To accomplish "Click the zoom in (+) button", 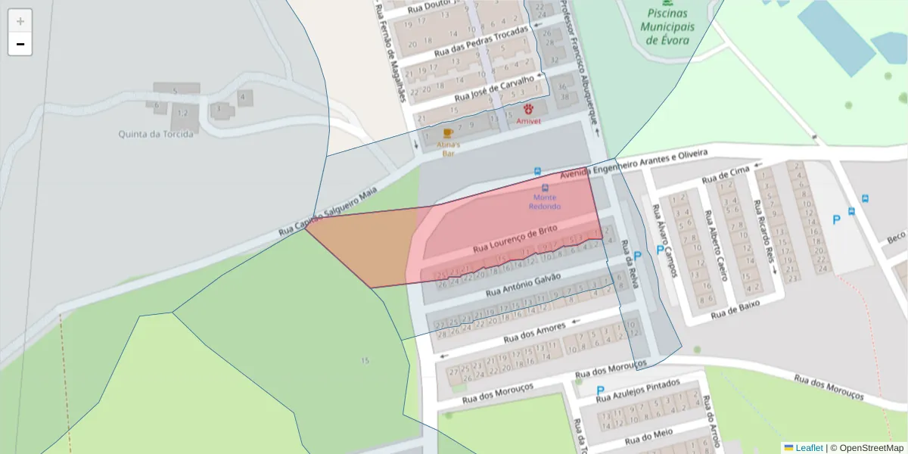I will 20,20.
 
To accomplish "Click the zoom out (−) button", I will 20,44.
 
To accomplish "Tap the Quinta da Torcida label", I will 156,134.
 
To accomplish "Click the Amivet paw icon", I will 529,109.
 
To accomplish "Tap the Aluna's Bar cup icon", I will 448,133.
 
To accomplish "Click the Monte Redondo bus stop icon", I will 545,187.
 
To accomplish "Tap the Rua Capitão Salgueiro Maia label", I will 328,211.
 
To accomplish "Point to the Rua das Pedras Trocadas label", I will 481,42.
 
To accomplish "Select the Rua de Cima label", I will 723,176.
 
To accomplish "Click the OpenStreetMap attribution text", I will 866,447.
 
